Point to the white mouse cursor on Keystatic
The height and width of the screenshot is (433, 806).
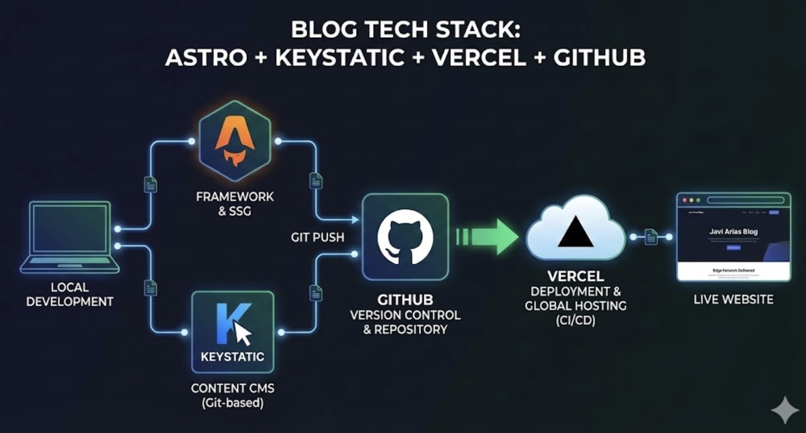(243, 334)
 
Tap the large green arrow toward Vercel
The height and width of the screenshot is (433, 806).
(488, 237)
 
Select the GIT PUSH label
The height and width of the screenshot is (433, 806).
(318, 237)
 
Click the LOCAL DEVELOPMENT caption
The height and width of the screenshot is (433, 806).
(70, 294)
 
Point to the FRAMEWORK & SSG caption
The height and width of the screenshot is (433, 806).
(235, 204)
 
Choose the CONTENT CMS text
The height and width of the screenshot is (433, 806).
(233, 388)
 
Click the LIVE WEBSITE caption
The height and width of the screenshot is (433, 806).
(733, 300)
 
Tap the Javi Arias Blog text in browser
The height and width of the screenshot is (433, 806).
(733, 231)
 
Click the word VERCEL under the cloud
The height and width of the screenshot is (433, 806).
(575, 276)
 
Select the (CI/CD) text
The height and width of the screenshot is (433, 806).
(575, 321)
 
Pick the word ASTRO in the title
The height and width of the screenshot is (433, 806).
(206, 57)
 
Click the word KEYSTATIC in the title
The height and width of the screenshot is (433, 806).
(340, 57)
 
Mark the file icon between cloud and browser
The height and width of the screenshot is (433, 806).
(651, 237)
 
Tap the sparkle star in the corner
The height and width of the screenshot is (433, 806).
(785, 410)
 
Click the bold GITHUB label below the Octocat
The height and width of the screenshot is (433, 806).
(405, 300)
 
